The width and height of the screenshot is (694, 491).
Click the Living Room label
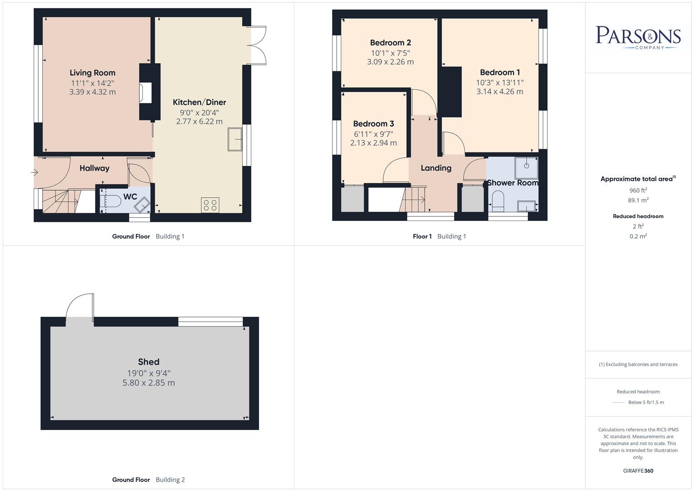pos(92,73)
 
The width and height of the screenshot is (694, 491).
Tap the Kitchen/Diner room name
pos(199,102)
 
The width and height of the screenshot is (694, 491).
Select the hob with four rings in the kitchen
pos(210,205)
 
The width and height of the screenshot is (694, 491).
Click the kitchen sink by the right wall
pos(235,139)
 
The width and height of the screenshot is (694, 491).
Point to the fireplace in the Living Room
pos(145,93)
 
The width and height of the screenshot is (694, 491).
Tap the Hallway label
pos(94,168)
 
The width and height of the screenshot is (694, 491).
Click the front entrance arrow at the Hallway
pos(35,172)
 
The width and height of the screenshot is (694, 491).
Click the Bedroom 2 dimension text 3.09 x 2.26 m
pos(390,62)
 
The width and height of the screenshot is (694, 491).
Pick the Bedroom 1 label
pos(499,72)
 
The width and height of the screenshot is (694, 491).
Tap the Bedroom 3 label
pos(373,124)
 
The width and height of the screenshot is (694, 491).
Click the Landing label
pos(436,168)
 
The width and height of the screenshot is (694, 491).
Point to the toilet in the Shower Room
pos(498,200)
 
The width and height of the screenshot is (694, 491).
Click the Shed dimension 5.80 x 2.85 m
pos(149,383)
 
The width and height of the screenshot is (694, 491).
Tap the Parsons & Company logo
pos(638,37)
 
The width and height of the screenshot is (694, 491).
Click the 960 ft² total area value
pos(638,190)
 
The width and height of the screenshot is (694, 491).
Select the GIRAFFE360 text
pos(638,471)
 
